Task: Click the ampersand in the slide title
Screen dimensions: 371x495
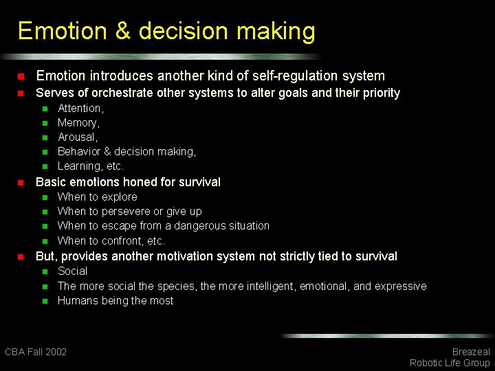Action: [x=122, y=32]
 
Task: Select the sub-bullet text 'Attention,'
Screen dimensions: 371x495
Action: [x=80, y=109]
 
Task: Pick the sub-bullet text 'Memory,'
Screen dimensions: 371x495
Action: [x=78, y=123]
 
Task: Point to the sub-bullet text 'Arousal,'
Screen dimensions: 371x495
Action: [x=78, y=137]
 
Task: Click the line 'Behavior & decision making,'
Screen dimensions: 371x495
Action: [x=126, y=152]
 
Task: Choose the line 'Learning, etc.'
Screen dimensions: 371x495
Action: [x=91, y=166]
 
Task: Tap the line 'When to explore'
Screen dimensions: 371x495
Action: [x=97, y=197]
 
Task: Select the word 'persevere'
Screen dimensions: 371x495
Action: [x=125, y=212]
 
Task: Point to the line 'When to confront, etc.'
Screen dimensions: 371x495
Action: [x=111, y=241]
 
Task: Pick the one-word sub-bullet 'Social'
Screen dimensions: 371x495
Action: [x=72, y=271]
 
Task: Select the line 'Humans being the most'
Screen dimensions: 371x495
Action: [x=115, y=301]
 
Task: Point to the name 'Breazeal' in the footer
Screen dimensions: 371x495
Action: [x=470, y=352]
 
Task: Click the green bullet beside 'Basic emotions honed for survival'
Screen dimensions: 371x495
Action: [x=21, y=183]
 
